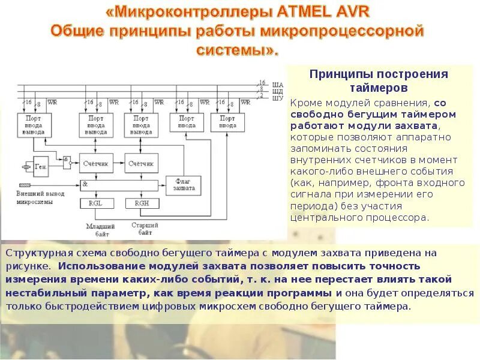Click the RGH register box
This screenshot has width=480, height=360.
(142, 204)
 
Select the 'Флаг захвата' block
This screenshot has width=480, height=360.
(184, 184)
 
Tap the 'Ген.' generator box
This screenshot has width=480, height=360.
(41, 165)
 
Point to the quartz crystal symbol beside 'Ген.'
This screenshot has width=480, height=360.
(26, 166)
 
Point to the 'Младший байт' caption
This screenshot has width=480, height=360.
(97, 229)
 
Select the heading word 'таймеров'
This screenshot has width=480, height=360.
(379, 88)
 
